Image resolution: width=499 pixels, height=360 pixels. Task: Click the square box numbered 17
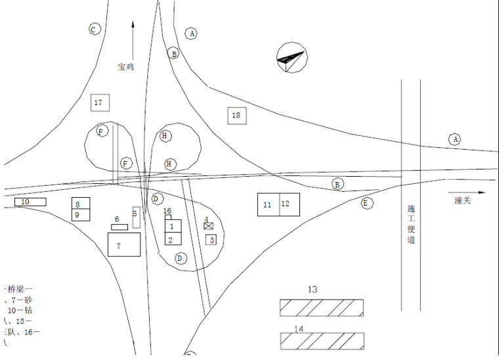coord(100,102)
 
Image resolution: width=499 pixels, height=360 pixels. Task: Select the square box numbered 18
coord(237,116)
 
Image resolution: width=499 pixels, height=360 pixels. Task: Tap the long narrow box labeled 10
coord(30,202)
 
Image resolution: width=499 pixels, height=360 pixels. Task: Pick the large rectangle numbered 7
coord(124,244)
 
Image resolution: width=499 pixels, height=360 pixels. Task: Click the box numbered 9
coord(81,215)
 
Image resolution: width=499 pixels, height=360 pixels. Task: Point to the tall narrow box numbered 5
coord(137,217)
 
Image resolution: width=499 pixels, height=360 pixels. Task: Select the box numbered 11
coord(269,204)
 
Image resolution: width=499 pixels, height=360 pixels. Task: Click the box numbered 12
coord(290,204)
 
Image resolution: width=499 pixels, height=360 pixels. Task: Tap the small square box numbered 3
coord(211,239)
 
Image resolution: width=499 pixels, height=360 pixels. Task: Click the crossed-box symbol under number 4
coord(209,225)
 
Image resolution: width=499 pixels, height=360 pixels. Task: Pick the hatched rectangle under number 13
coord(321,307)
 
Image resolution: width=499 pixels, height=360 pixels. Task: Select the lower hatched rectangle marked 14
coord(321,341)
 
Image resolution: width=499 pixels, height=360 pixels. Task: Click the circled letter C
coord(94,30)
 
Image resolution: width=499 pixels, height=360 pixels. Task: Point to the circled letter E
coord(366,203)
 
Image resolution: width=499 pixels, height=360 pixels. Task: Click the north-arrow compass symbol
coord(292,57)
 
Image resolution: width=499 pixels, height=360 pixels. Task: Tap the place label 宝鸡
coord(125,66)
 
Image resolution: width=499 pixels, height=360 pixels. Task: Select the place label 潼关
coord(463,200)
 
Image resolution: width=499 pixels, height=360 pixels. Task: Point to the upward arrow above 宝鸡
coord(133,39)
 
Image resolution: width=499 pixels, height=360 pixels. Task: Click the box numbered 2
coord(172,239)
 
